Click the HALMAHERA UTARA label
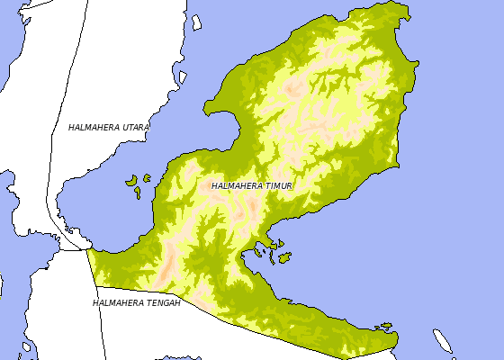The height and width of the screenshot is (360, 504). click(109, 128)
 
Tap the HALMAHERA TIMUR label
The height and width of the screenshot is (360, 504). click(252, 185)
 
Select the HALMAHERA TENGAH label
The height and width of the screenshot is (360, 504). click(137, 303)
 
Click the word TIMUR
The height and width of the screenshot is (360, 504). click(279, 185)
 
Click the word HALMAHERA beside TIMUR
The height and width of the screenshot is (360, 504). click(237, 185)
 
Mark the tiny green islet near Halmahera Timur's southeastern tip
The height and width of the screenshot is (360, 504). click(384, 326)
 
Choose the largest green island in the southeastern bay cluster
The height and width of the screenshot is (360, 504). click(283, 258)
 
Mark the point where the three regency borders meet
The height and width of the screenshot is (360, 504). click(87, 249)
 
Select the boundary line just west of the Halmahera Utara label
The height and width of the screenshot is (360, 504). click(54, 126)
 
